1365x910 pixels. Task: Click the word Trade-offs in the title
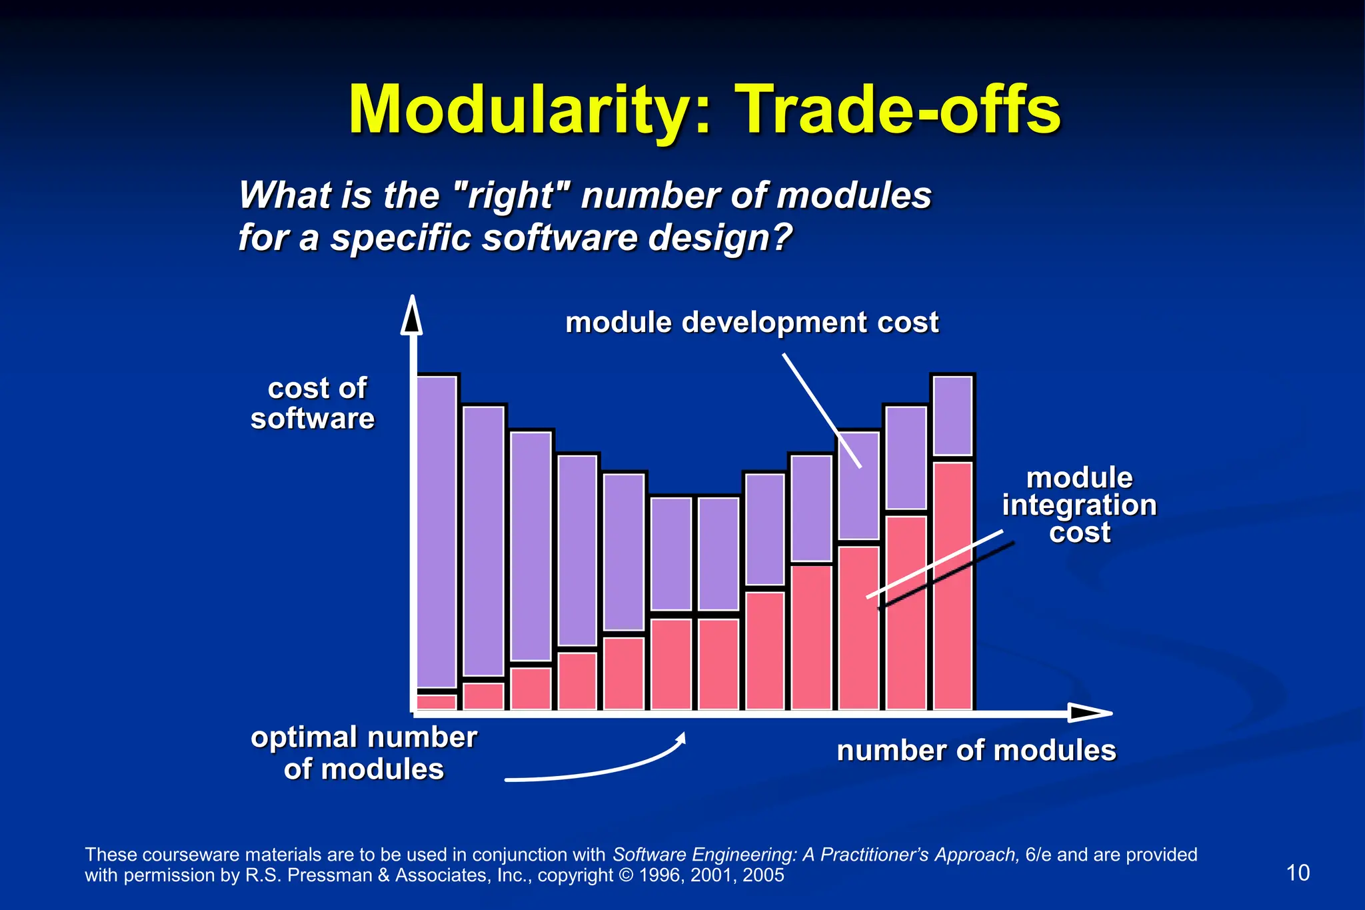click(900, 110)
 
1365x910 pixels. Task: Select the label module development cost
click(752, 323)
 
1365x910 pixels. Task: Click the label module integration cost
click(1079, 505)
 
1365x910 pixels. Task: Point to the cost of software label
click(313, 403)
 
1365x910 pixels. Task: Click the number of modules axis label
click(976, 751)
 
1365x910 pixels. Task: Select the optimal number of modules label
click(363, 753)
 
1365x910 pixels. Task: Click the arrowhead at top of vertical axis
click(412, 316)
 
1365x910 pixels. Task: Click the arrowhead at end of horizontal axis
click(1090, 713)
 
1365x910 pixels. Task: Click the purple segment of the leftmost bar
click(437, 530)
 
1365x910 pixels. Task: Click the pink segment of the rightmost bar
click(952, 583)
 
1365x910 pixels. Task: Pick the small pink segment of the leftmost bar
click(437, 701)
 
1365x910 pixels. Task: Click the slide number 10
click(1297, 873)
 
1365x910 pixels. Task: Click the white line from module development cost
click(821, 410)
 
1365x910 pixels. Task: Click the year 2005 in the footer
click(763, 875)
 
